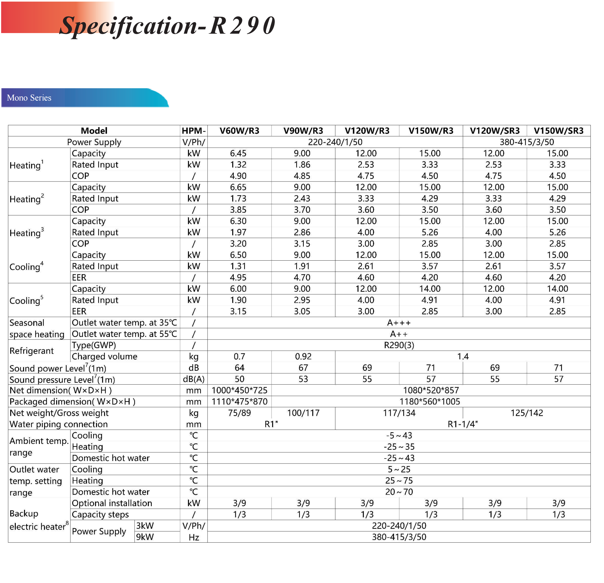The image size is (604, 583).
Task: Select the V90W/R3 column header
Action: click(303, 131)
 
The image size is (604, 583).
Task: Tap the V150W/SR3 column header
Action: click(558, 131)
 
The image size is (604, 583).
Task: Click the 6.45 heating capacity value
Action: click(238, 153)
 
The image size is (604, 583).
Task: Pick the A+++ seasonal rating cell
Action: click(399, 323)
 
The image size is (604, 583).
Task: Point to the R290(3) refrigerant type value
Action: click(399, 345)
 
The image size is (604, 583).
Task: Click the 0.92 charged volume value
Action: click(303, 357)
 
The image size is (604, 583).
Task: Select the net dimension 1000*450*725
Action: click(239, 391)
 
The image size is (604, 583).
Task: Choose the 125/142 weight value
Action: click(527, 413)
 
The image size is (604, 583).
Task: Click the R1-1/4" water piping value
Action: click(463, 424)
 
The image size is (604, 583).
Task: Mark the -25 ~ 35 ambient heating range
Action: click(399, 447)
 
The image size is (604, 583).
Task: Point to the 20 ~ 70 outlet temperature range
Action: click(399, 492)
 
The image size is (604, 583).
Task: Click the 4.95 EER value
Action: click(238, 277)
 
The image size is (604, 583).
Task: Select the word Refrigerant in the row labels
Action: click(31, 351)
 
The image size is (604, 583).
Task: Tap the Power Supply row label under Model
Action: click(94, 142)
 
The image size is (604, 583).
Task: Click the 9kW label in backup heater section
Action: click(145, 537)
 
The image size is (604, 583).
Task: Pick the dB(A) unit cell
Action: click(193, 379)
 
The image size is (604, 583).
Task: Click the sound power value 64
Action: click(239, 368)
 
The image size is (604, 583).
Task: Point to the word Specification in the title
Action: click(128, 26)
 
